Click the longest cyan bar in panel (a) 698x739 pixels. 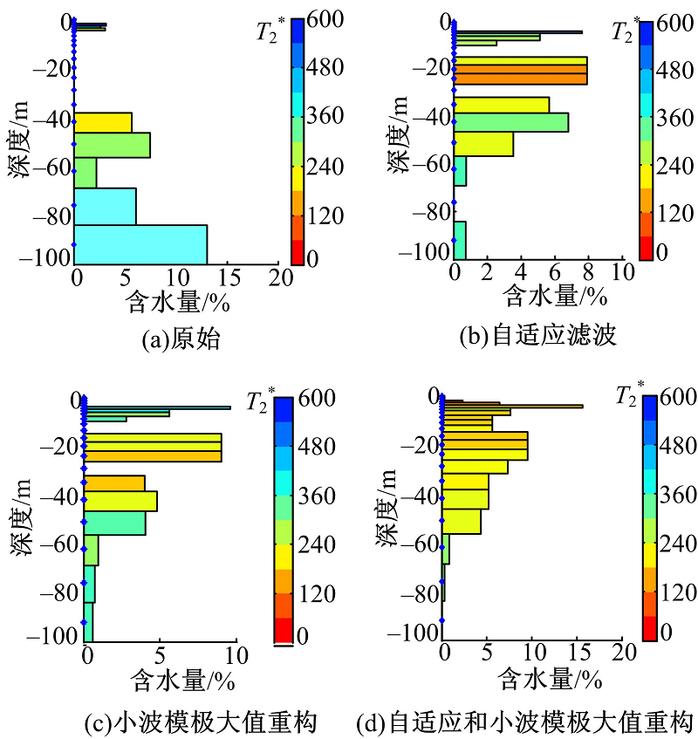click(140, 244)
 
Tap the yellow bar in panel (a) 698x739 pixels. click(103, 122)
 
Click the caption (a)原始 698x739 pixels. click(181, 339)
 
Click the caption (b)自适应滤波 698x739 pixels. click(537, 335)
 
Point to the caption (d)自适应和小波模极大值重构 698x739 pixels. click(525, 722)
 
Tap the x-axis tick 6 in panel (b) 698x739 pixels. click(555, 271)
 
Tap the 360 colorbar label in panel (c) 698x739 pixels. click(317, 496)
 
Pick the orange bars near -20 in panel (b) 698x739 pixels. click(520, 70)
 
